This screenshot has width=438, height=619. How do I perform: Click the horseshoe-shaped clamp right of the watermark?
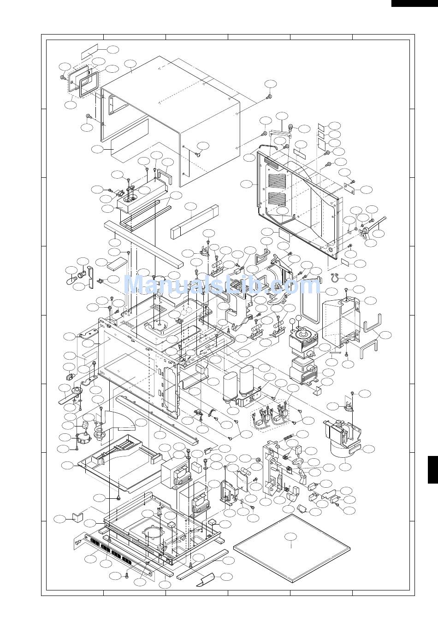(x=336, y=277)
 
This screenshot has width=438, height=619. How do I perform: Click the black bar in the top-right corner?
(x=414, y=3)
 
